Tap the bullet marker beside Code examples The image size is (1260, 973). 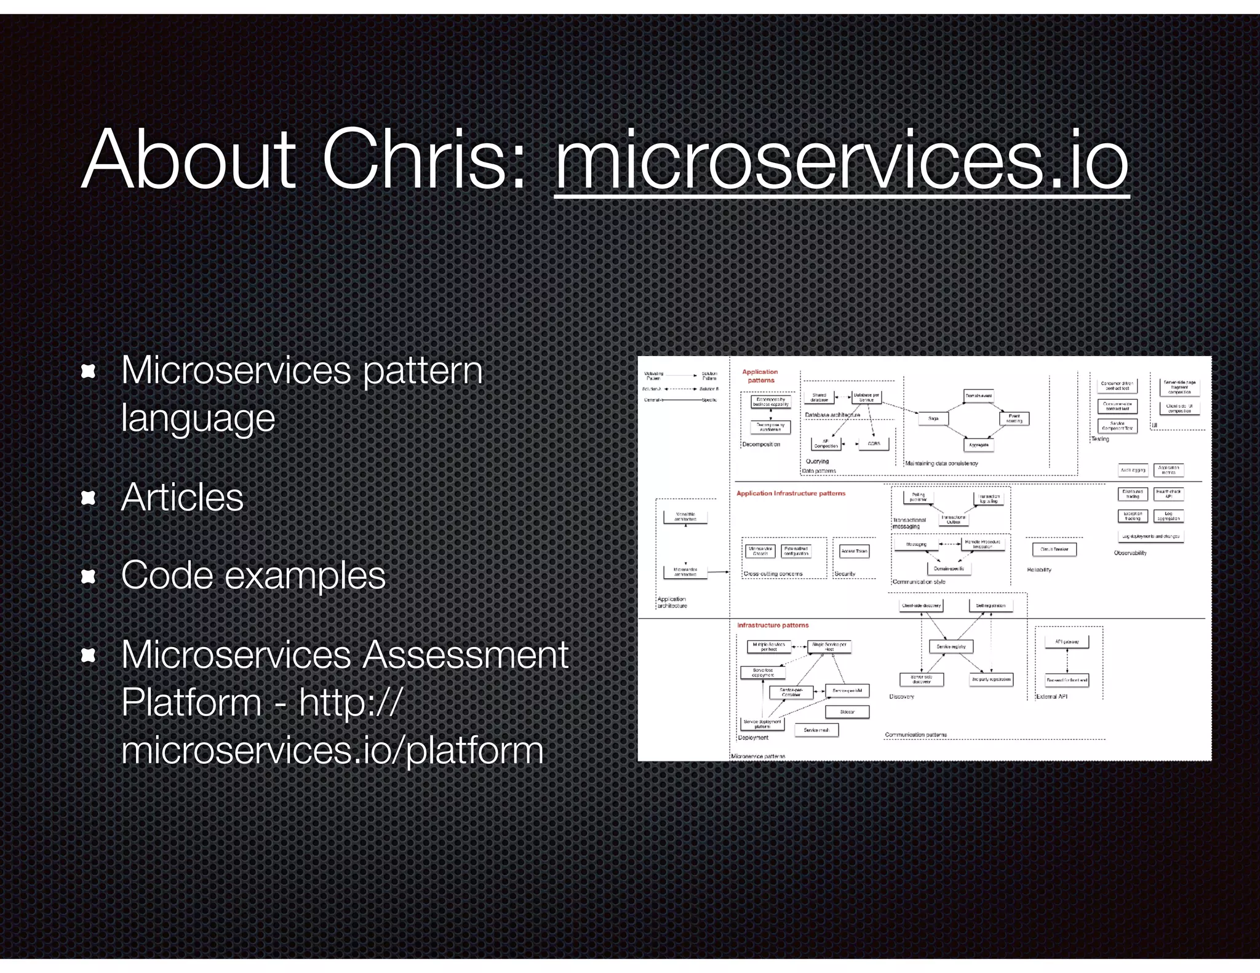(x=89, y=576)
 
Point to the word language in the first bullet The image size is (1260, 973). (x=198, y=418)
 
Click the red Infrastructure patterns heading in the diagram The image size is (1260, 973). (x=773, y=625)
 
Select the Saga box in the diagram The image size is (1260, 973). (x=933, y=418)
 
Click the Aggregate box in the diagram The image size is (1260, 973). (x=978, y=445)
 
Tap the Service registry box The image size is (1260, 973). (x=951, y=646)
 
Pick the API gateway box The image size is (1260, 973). (x=1067, y=641)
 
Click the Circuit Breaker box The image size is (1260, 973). (x=1054, y=549)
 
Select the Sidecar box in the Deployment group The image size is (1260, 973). (x=847, y=712)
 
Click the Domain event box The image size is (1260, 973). (x=978, y=396)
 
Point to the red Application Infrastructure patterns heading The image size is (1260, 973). (x=791, y=493)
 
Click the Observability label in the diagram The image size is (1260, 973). (x=1130, y=553)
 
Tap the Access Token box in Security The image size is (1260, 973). (x=854, y=551)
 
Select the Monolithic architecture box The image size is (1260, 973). (x=685, y=517)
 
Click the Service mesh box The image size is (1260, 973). (x=816, y=730)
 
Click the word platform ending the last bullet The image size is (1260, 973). (x=475, y=750)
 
